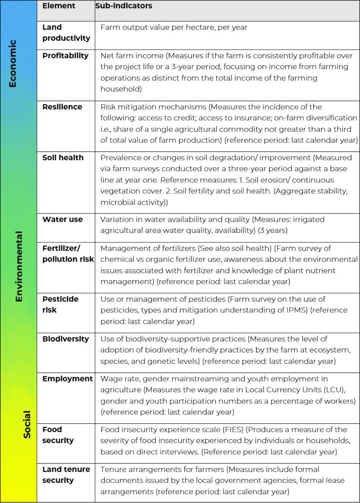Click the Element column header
(59, 6)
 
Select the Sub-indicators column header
(124, 6)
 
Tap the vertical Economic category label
(13, 63)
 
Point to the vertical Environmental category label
(18, 266)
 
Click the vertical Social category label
(27, 424)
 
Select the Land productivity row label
(66, 33)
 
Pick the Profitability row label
(65, 56)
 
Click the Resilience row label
(62, 107)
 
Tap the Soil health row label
(63, 158)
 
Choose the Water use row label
(62, 219)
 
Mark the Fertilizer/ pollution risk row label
(68, 254)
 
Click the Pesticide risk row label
(60, 304)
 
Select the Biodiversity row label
(65, 339)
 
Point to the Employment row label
(67, 379)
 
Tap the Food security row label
(58, 435)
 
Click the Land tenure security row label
(66, 475)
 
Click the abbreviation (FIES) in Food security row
(233, 430)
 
